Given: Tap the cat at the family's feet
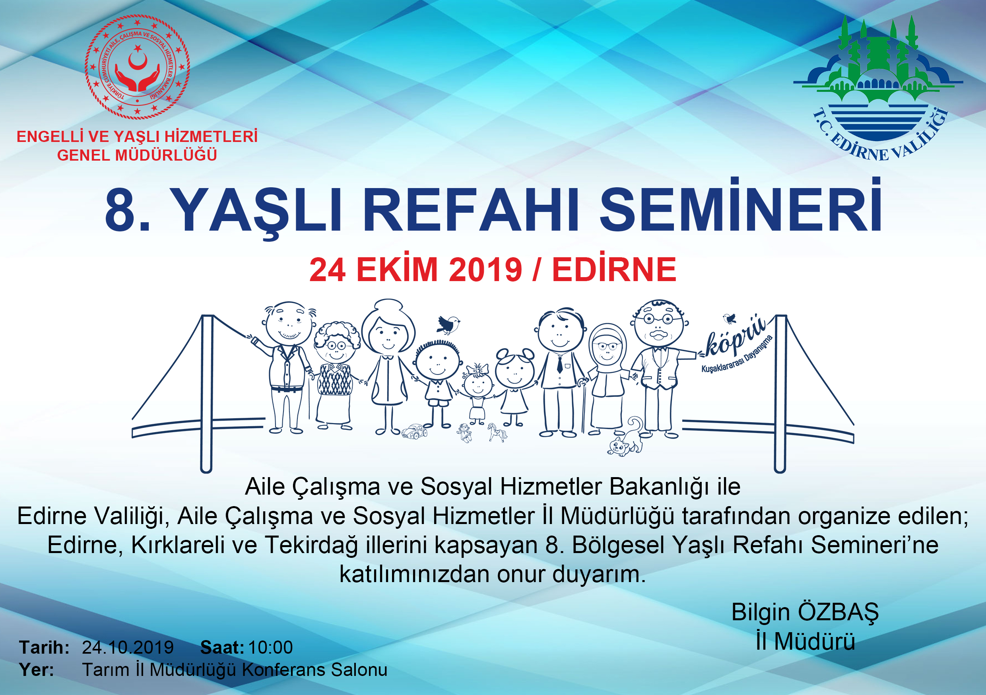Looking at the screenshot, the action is (626, 437).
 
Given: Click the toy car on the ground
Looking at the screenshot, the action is (414, 432).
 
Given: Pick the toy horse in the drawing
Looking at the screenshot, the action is (497, 432).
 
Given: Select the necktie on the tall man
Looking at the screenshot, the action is (559, 364).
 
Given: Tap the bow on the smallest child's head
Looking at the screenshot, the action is (477, 369).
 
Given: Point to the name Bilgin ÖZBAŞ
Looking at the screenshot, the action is (805, 612).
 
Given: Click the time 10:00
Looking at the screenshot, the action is (270, 647).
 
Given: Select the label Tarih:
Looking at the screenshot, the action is (44, 647).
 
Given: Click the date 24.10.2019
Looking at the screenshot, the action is (128, 647).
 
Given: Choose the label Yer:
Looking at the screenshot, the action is (37, 670).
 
